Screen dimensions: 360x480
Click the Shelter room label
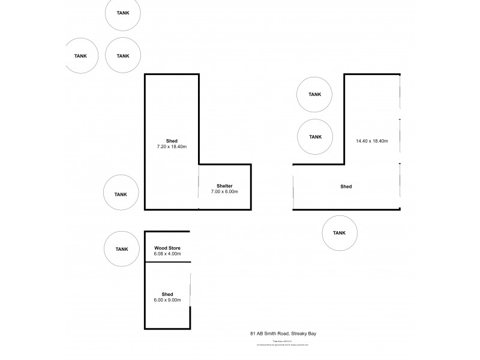(x=225, y=185)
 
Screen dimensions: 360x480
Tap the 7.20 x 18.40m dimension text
(x=172, y=146)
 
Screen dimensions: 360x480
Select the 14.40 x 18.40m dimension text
(x=371, y=142)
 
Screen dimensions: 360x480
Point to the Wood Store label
(x=167, y=248)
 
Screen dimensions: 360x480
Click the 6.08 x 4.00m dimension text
(x=167, y=254)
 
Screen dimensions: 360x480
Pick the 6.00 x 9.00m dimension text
(x=167, y=300)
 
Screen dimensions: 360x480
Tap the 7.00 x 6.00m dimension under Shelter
(x=225, y=191)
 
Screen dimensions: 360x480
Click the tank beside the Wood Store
(x=122, y=249)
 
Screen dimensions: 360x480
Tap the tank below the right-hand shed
(x=339, y=233)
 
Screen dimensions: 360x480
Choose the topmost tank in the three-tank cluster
(x=123, y=12)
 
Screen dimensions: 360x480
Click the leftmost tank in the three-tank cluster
(x=80, y=56)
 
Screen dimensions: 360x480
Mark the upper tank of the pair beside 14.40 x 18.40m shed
(x=314, y=94)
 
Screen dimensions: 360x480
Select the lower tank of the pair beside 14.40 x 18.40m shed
(x=314, y=137)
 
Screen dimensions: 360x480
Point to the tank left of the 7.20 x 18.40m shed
(x=122, y=194)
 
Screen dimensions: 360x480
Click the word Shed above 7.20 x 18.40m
(x=172, y=140)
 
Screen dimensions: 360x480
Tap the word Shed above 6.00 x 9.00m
(x=167, y=294)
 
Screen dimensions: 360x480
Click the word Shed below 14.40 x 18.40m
(x=346, y=187)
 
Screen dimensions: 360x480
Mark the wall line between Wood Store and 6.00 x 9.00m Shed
(x=167, y=262)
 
